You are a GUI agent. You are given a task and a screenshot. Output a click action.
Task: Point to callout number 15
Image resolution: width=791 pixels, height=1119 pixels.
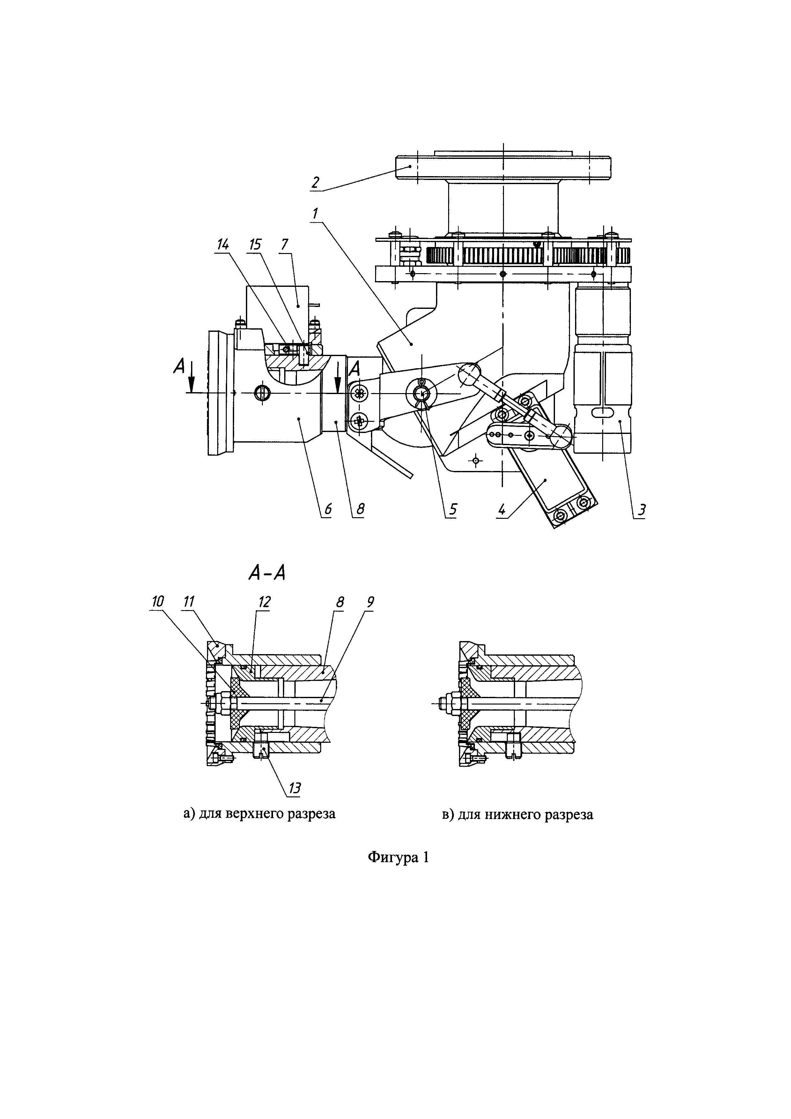(x=255, y=245)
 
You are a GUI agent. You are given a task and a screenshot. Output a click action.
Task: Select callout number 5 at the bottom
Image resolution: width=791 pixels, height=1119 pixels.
(x=453, y=509)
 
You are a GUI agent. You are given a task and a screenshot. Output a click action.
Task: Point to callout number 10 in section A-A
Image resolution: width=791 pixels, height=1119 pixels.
(x=157, y=602)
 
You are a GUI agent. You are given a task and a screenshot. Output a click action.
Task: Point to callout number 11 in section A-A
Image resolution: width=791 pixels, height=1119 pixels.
(x=188, y=602)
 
